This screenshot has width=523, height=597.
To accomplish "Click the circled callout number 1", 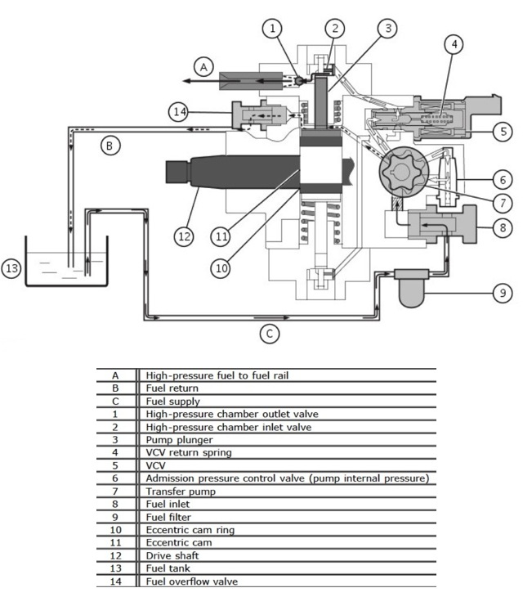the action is (x=272, y=28).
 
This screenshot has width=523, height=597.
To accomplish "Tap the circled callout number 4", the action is (x=454, y=44).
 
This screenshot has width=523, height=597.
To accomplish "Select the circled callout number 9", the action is (x=503, y=293).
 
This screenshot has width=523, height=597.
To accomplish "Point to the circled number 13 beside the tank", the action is (x=11, y=268).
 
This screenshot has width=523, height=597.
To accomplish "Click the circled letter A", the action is (x=203, y=67).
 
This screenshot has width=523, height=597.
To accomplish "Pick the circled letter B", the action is (x=110, y=146).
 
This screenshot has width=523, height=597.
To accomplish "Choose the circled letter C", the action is (x=270, y=334).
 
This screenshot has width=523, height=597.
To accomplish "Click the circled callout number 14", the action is (x=179, y=112).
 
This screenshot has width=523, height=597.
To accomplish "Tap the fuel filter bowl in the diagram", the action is (x=412, y=294).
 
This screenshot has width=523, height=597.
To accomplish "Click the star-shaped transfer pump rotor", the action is (x=404, y=172).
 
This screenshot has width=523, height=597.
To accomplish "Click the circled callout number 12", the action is (x=184, y=236).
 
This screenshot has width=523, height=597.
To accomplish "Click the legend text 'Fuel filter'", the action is (x=168, y=517).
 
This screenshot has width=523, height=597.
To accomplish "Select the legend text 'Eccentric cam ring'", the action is (x=190, y=530).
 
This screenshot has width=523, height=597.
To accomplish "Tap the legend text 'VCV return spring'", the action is (x=189, y=452).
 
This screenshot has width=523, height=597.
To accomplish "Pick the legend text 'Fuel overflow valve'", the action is (x=192, y=581).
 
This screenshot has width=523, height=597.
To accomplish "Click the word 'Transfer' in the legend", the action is (x=163, y=492).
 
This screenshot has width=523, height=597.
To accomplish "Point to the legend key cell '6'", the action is (x=115, y=478).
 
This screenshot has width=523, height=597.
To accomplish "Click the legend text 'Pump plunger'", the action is (x=179, y=440).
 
